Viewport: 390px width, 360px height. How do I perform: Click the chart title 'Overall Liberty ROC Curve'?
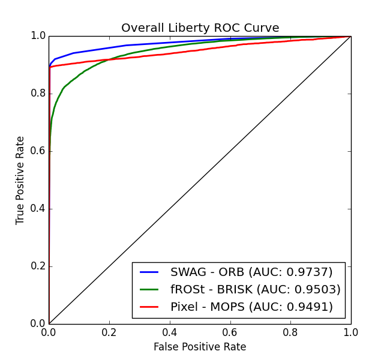click(x=200, y=28)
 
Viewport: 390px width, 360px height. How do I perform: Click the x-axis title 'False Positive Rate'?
click(x=200, y=347)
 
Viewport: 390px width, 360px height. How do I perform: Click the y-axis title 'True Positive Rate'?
click(x=20, y=180)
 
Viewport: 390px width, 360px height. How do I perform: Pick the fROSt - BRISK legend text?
click(x=255, y=290)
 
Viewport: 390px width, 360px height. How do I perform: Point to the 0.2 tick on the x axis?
click(x=109, y=332)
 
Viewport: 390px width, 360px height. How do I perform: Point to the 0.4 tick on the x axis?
click(x=170, y=332)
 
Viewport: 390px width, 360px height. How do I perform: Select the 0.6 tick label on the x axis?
click(x=230, y=332)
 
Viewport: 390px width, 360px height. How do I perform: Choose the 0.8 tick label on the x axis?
click(x=290, y=332)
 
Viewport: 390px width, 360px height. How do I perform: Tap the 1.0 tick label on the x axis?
click(x=350, y=332)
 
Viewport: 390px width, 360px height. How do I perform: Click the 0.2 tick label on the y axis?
click(x=37, y=266)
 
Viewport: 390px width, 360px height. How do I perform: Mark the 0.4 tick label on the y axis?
click(x=37, y=209)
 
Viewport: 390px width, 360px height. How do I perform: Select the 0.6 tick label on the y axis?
click(x=37, y=151)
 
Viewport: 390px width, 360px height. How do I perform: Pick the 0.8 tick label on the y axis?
click(x=37, y=94)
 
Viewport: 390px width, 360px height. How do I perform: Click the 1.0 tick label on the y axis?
click(x=37, y=36)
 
